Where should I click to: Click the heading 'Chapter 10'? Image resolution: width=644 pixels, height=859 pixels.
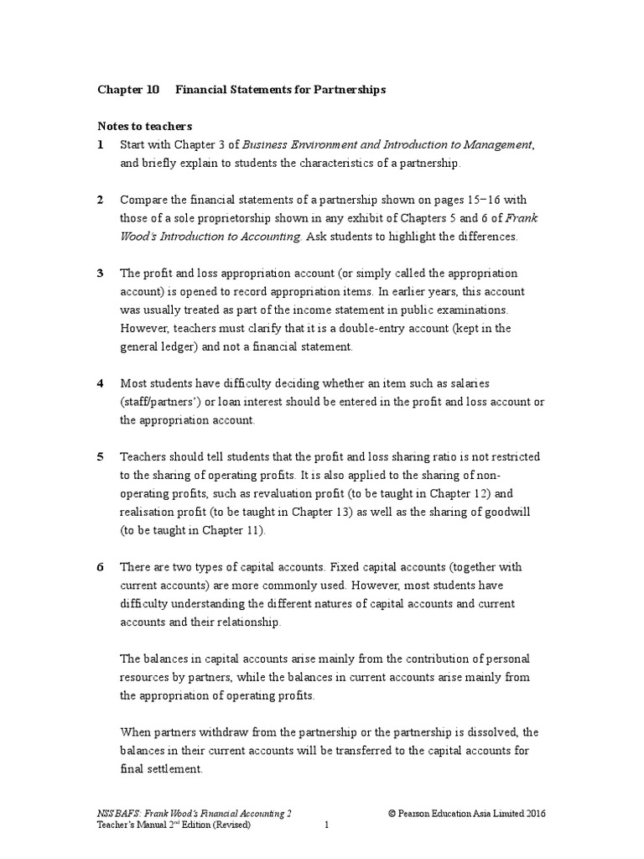tap(128, 90)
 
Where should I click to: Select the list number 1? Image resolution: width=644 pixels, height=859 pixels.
tap(100, 145)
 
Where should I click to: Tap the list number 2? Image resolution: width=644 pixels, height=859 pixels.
tap(100, 200)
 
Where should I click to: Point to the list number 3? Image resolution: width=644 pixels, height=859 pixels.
tap(100, 273)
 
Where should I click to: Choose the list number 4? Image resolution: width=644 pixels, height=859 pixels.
tap(100, 383)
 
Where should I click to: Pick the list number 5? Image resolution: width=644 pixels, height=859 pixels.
tap(100, 456)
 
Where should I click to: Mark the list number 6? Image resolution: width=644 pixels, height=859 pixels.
tap(100, 567)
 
